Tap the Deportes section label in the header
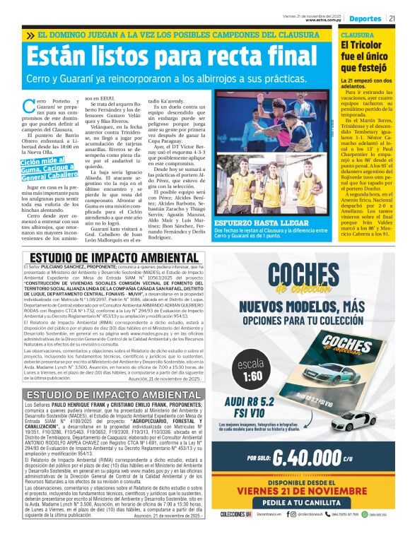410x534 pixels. [x=365, y=18]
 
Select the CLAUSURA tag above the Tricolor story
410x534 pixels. [x=358, y=34]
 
